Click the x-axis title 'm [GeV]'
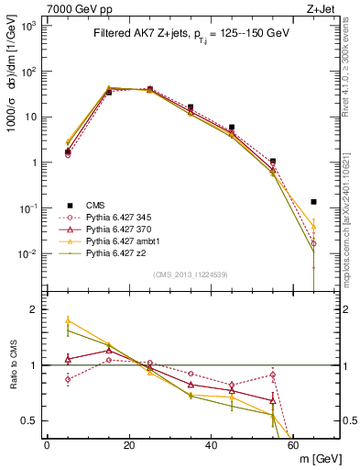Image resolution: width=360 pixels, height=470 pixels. (318, 458)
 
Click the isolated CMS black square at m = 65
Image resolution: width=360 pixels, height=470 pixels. (314, 202)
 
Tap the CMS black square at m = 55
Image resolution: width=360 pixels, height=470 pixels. (273, 161)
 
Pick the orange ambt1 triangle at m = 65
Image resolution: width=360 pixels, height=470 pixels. (314, 225)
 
